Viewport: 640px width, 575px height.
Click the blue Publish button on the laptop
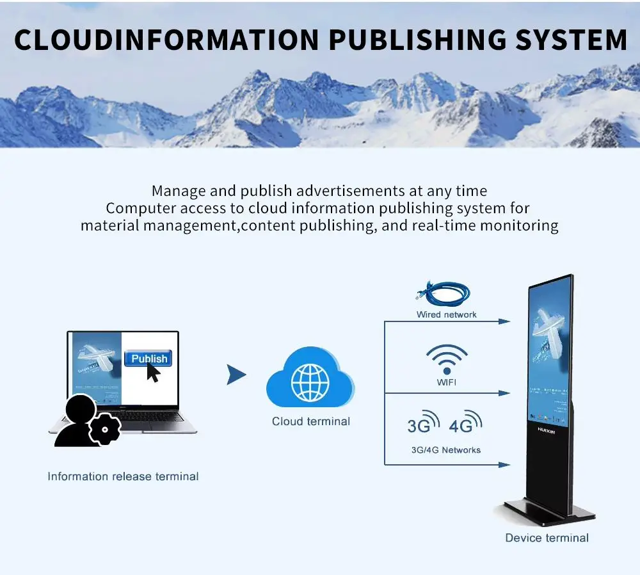(148, 359)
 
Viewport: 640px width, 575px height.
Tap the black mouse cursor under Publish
(152, 373)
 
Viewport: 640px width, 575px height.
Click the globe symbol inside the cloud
(310, 382)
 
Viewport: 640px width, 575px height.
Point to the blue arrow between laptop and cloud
(236, 375)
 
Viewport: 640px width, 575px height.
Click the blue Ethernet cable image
(444, 294)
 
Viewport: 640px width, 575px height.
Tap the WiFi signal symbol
(447, 359)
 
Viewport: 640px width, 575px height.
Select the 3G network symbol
(423, 424)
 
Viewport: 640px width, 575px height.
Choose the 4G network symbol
(465, 424)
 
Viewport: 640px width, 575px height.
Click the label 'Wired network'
(447, 314)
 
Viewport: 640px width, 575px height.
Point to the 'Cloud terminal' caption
(311, 421)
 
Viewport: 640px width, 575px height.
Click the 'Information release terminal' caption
(123, 476)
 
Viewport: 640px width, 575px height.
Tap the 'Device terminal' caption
(547, 538)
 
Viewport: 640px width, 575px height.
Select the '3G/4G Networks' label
(446, 450)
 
